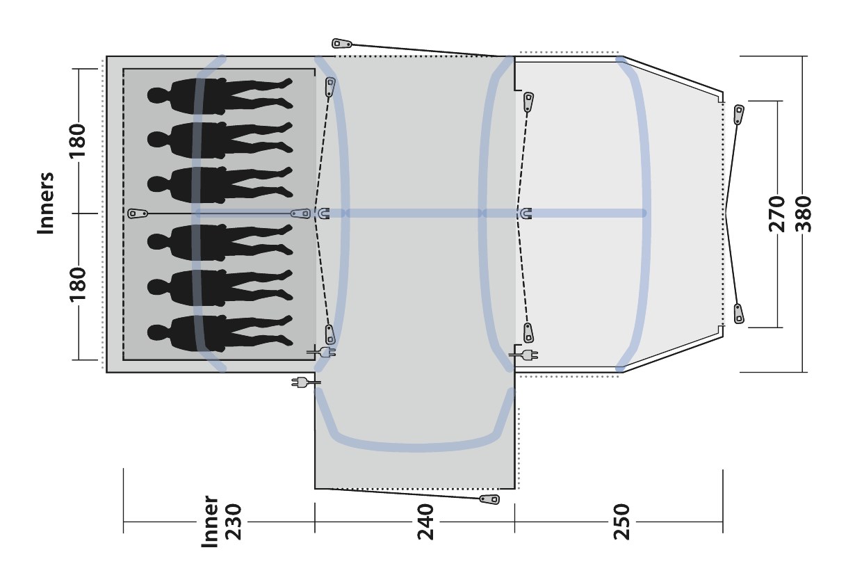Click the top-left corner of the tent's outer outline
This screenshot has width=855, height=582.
click(x=106, y=56)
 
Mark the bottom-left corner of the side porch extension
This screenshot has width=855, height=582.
click(x=315, y=488)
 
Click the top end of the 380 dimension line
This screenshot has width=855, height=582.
click(x=802, y=56)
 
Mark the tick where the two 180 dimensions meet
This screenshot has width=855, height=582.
click(x=79, y=213)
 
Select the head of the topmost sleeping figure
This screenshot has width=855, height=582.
click(x=157, y=95)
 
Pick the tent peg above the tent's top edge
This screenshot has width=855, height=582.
click(x=341, y=43)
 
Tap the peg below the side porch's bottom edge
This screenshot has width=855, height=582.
click(x=489, y=499)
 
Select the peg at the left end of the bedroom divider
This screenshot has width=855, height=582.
click(x=138, y=213)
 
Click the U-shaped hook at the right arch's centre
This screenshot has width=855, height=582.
click(x=526, y=213)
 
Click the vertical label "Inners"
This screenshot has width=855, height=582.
click(x=46, y=203)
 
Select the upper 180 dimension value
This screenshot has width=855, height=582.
click(x=76, y=140)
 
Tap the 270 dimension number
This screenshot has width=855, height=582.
click(x=776, y=214)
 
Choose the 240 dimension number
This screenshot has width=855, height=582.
click(x=425, y=522)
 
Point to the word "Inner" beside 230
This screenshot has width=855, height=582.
click(x=209, y=522)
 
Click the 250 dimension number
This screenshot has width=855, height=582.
click(x=621, y=522)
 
